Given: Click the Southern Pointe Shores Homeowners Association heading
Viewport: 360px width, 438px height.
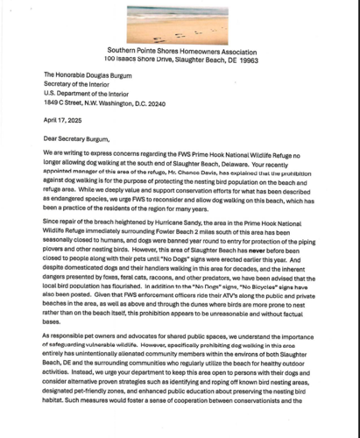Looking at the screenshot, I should pyautogui.click(x=180, y=50).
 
